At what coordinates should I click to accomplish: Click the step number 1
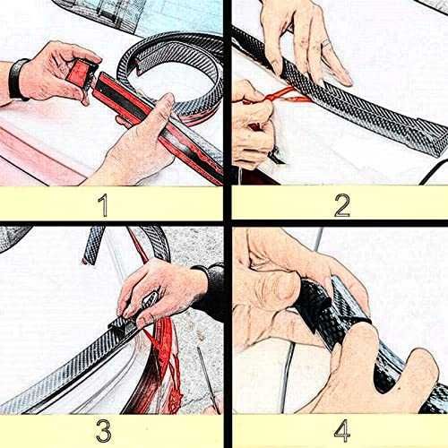103,205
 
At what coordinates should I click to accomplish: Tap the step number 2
342,205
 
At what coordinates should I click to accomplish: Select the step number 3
104,430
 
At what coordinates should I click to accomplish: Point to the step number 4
342,430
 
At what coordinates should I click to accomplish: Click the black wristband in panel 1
16,78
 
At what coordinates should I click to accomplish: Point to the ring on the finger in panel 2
327,43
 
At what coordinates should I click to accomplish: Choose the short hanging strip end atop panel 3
93,245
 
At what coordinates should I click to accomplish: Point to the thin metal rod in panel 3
208,378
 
